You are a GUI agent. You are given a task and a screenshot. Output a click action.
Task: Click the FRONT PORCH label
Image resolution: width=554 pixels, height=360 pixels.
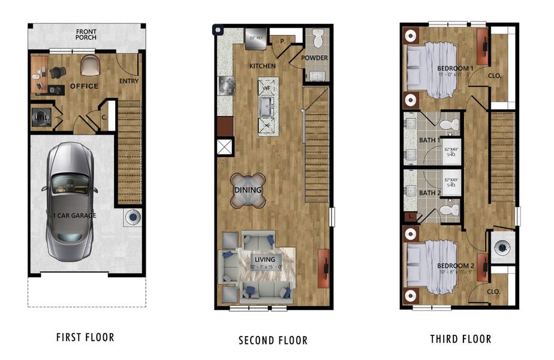(86, 34)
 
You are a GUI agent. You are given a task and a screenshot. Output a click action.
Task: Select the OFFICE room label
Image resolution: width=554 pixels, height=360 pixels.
(84, 86)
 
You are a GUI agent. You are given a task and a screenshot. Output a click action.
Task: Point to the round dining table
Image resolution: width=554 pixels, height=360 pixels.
(248, 190)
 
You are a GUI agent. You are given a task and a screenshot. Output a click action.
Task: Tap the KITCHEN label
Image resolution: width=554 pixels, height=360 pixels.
(263, 65)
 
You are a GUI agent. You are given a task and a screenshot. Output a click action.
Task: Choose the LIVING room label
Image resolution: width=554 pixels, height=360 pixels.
(264, 260)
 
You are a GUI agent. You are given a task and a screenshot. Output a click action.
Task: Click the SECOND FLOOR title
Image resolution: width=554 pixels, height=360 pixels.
(273, 340)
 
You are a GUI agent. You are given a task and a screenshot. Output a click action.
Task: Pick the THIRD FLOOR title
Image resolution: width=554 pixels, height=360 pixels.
(460, 339)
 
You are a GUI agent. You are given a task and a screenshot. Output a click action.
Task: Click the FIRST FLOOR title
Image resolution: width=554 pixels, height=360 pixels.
(85, 337)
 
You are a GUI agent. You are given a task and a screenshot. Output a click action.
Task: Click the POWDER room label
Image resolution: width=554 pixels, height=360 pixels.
(314, 58)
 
